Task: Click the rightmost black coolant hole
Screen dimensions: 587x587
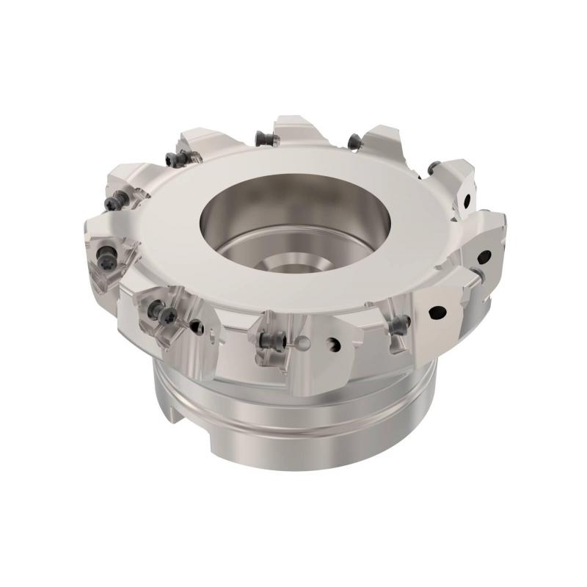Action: (x=484, y=257)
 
